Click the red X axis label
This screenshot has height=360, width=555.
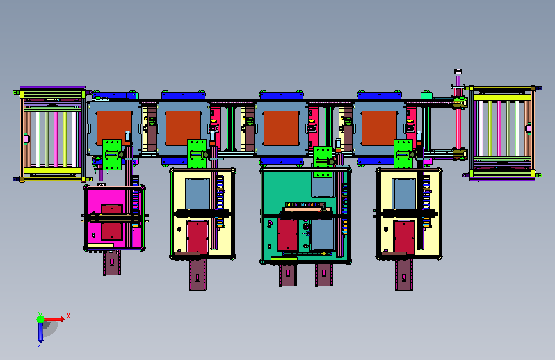coord(68,316)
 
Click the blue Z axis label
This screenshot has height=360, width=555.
coord(40,344)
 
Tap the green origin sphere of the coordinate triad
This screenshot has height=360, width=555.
coord(41,319)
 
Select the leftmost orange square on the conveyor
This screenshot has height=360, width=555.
coord(114,128)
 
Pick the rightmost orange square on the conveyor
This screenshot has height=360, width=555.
coord(379,128)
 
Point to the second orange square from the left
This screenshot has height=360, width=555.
coord(183,128)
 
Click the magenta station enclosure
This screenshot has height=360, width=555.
coord(115,218)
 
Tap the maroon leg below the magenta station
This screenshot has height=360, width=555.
coord(112,263)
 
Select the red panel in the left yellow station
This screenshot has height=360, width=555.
coord(197,237)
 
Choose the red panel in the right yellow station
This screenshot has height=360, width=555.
coord(404,237)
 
